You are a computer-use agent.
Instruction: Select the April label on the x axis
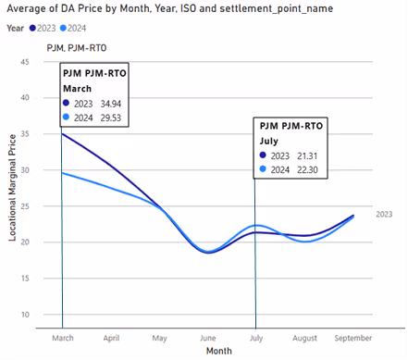point(112,339)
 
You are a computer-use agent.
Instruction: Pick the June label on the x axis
point(208,339)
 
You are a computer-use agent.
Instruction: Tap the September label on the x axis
point(352,339)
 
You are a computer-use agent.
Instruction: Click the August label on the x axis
point(304,339)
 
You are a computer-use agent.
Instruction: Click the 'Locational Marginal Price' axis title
point(12,188)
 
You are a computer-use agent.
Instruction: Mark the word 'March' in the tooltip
point(79,88)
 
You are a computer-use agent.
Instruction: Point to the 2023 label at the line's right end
point(384,214)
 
